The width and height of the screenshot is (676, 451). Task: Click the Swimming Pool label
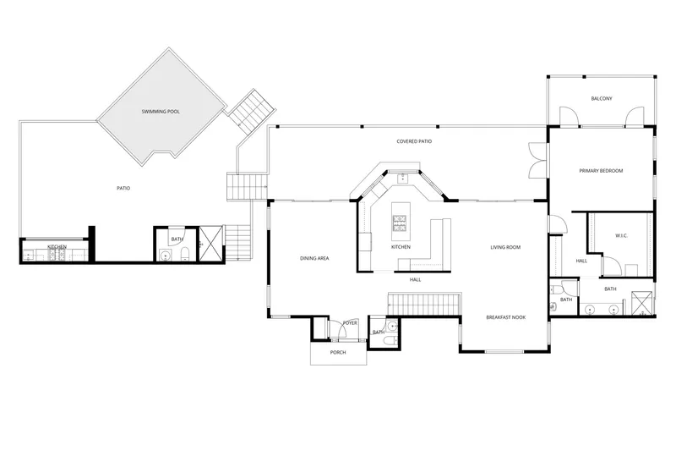pyautogui.click(x=161, y=112)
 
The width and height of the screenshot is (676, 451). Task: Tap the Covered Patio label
pyautogui.click(x=414, y=141)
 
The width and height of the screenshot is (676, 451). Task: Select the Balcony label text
pyautogui.click(x=602, y=98)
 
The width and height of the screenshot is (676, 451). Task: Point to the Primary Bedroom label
pyautogui.click(x=601, y=171)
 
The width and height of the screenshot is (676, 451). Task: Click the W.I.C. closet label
pyautogui.click(x=621, y=235)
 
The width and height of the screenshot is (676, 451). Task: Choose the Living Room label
pyautogui.click(x=505, y=247)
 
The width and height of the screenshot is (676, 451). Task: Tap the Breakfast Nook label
pyautogui.click(x=505, y=317)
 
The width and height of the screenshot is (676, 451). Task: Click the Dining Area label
pyautogui.click(x=314, y=258)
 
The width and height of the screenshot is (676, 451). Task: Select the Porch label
pyautogui.click(x=338, y=352)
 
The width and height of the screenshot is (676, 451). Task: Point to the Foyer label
pyautogui.click(x=350, y=323)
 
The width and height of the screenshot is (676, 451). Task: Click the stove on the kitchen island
pyautogui.click(x=399, y=223)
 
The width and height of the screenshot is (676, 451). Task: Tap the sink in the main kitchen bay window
pyautogui.click(x=403, y=179)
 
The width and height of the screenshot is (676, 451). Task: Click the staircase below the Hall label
pyautogui.click(x=424, y=305)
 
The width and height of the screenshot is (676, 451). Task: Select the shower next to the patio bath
pyautogui.click(x=210, y=244)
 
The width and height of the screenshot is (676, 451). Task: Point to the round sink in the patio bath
pyautogui.click(x=165, y=256)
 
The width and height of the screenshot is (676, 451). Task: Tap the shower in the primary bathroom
pyautogui.click(x=642, y=304)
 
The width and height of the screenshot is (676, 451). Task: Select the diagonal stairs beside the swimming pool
pyautogui.click(x=252, y=112)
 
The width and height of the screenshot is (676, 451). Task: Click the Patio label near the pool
pyautogui.click(x=123, y=188)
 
